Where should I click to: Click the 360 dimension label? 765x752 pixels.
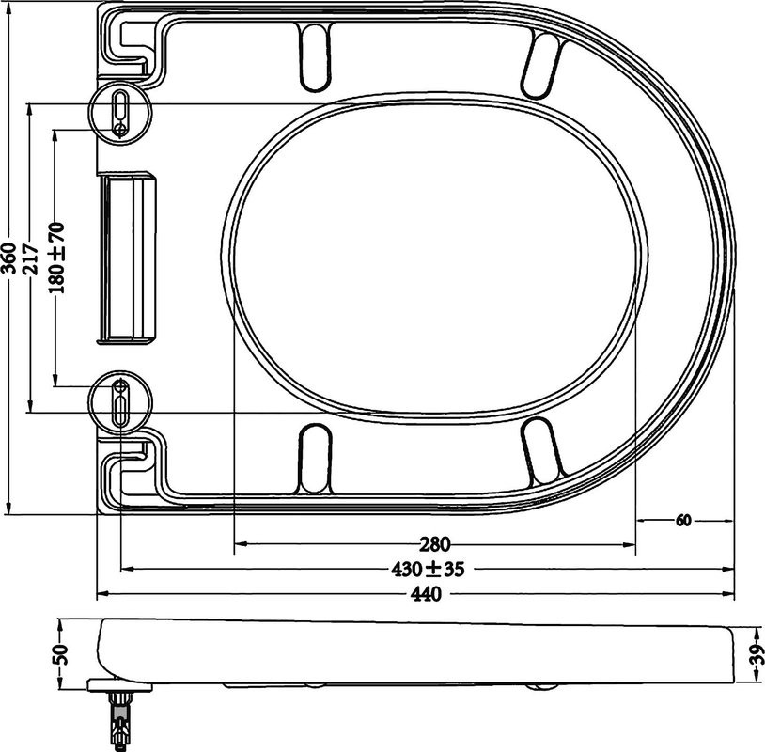(8, 259)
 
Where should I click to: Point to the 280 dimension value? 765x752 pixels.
(433, 543)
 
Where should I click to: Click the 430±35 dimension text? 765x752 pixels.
(429, 569)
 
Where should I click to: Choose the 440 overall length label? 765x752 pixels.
(427, 594)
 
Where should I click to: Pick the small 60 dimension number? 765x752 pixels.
(683, 520)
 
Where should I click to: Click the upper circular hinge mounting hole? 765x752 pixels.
(120, 112)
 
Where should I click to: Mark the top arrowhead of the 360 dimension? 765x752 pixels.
(8, 9)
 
